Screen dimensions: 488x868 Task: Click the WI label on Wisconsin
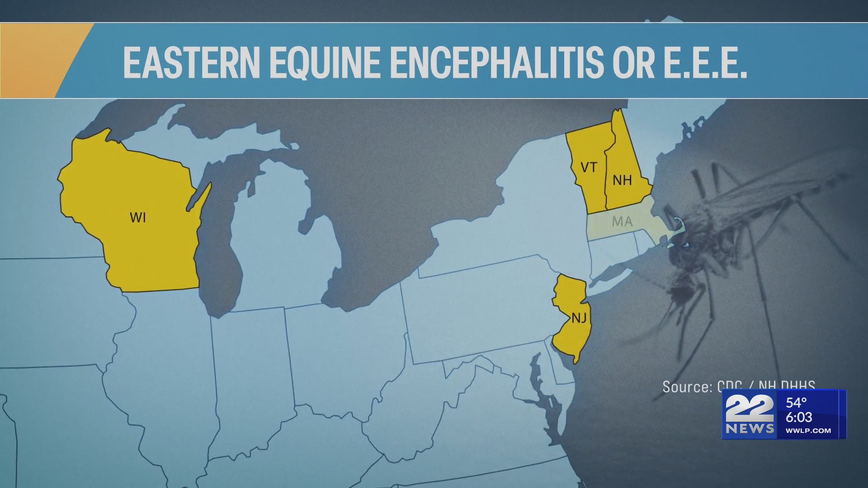[138, 218]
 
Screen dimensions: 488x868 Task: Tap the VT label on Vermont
[589, 168]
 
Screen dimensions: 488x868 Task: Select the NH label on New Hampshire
[622, 180]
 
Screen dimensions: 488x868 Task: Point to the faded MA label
[622, 221]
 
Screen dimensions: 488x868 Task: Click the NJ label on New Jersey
[579, 318]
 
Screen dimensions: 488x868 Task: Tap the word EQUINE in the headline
[325, 62]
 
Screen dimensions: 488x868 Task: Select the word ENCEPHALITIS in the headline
[496, 62]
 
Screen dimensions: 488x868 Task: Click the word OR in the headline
[633, 62]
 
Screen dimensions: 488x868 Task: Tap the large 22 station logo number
[749, 408]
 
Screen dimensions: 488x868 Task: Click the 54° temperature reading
[796, 403]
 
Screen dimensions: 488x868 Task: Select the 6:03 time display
[799, 417]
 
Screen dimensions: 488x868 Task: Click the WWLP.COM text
[808, 431]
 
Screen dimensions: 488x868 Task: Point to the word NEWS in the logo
[750, 428]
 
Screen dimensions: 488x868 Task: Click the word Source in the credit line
[687, 387]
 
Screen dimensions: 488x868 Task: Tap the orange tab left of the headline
[36, 61]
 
